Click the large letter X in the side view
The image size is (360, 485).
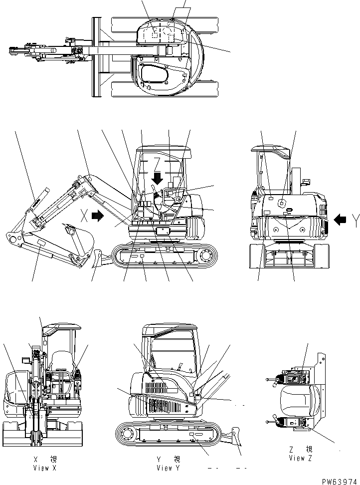[x=85, y=216]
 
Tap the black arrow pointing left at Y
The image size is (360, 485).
[x=340, y=219]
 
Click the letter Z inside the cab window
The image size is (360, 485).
[x=157, y=163]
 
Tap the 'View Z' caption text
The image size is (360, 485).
[x=300, y=458]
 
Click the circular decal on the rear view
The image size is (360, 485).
[x=282, y=203]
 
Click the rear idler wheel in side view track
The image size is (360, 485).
[x=204, y=256]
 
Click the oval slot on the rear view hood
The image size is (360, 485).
[x=286, y=214]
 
